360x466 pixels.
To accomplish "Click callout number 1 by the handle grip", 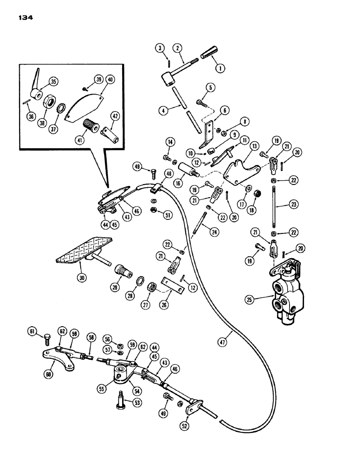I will tap(217, 67).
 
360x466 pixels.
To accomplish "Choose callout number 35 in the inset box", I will tap(54, 81).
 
